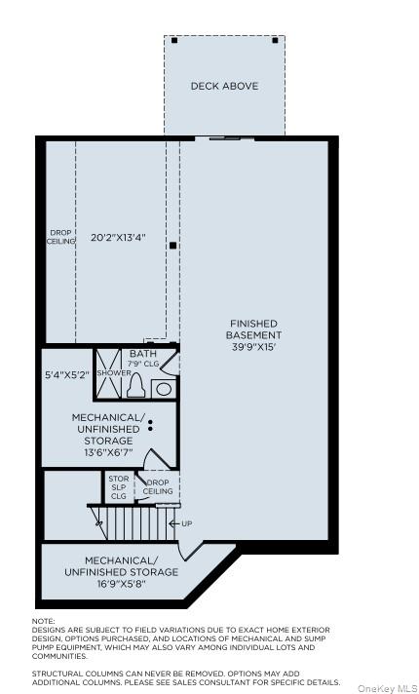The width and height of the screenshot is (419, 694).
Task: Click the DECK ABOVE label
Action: click(224, 86)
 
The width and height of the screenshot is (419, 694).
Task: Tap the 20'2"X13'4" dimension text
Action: click(118, 237)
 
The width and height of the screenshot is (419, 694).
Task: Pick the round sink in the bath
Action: click(163, 389)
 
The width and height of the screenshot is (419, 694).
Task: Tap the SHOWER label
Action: click(113, 372)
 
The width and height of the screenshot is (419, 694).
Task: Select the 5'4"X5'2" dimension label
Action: click(67, 374)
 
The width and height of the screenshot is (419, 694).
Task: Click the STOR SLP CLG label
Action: click(118, 487)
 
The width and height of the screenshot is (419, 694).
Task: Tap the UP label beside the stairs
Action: click(186, 523)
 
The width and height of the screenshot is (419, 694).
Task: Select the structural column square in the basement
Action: click(173, 246)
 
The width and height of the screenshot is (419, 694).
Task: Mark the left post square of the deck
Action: click(174, 40)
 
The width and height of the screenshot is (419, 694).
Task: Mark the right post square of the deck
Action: click(276, 40)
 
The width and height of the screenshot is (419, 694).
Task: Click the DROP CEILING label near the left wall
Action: click(61, 237)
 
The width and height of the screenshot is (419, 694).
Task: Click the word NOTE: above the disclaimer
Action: click(44, 621)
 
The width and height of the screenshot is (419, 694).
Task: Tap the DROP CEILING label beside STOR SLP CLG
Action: click(158, 487)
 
